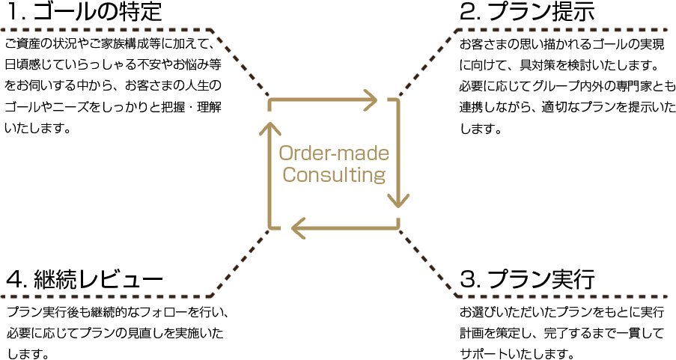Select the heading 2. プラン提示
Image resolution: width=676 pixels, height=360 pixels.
pyautogui.click(x=527, y=12)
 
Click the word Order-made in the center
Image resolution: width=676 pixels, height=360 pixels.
pyautogui.click(x=334, y=153)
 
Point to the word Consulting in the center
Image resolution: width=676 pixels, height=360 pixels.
pyautogui.click(x=334, y=176)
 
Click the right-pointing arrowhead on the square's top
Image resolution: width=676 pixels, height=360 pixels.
pyautogui.click(x=369, y=100)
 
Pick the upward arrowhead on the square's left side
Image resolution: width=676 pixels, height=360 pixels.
pyautogui.click(x=270, y=129)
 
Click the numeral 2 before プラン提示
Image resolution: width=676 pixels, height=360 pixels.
pyautogui.click(x=469, y=12)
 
